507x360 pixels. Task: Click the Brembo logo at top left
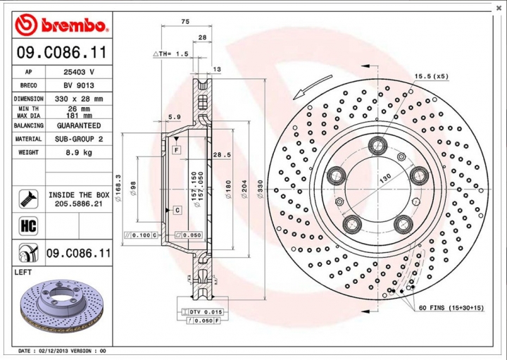(x=61, y=25)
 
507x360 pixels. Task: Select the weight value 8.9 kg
(x=79, y=152)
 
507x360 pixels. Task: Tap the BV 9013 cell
(x=79, y=85)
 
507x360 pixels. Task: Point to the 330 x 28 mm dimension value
(x=79, y=99)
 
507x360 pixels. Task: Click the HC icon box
(x=28, y=225)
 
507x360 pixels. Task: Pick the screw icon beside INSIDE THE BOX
(x=28, y=199)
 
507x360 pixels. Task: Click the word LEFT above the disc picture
(x=23, y=273)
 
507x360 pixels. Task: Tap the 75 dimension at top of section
(x=185, y=22)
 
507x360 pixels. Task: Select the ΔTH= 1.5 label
(x=170, y=54)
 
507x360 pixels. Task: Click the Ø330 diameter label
(x=260, y=190)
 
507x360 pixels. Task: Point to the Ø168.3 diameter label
(x=118, y=188)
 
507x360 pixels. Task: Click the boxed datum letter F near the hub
(x=177, y=150)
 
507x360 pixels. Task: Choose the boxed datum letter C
(x=177, y=210)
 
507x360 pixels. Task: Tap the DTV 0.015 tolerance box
(x=202, y=312)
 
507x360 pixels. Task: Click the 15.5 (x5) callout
(x=432, y=76)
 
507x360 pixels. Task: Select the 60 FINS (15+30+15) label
(x=451, y=308)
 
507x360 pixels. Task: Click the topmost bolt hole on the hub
(x=377, y=145)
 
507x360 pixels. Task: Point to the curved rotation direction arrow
(x=313, y=87)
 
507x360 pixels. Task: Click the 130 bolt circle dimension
(x=385, y=178)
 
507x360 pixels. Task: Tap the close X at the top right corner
(x=499, y=8)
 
